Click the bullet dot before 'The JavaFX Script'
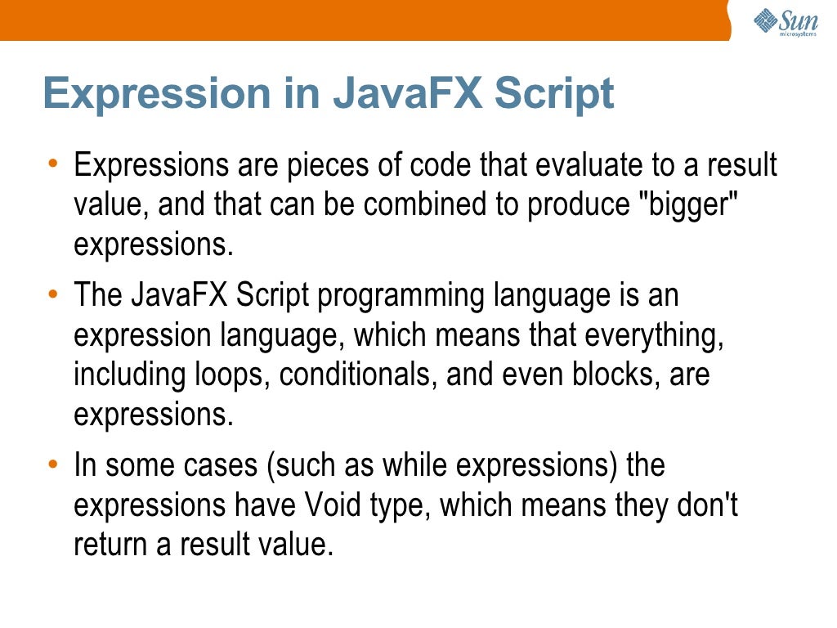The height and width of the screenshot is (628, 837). point(52,293)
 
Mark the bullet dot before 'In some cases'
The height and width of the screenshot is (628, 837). point(52,464)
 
